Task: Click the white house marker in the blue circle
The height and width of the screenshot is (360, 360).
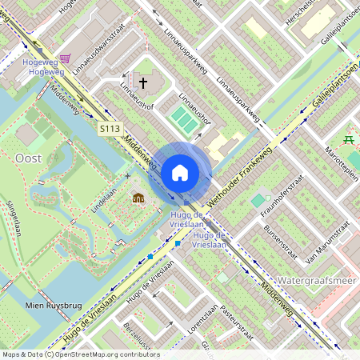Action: click(x=180, y=172)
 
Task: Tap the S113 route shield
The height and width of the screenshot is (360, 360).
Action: click(x=110, y=128)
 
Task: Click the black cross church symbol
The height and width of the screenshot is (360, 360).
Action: click(x=145, y=82)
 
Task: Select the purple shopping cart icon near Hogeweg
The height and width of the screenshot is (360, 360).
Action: click(x=65, y=58)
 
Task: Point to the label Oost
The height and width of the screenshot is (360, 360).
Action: click(x=29, y=158)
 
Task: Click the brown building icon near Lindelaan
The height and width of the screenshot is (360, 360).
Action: click(x=138, y=198)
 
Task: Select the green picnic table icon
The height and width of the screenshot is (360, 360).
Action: click(x=348, y=139)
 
